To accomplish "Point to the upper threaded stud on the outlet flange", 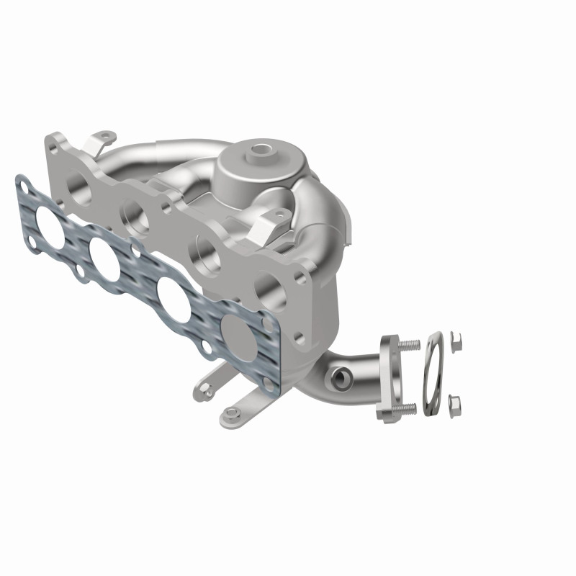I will pos(410,345).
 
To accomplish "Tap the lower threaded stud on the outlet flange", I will pos(408,408).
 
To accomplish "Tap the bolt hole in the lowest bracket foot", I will pos(230,413).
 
